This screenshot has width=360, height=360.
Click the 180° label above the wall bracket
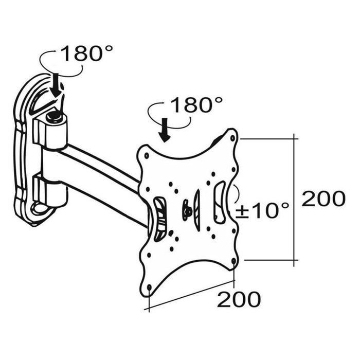tap(87, 53)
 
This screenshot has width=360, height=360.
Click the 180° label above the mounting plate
tap(197, 105)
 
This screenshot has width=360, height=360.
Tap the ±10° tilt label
tap(262, 210)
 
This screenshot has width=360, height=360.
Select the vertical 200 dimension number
tap(323, 199)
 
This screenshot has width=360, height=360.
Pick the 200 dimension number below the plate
tap(239, 299)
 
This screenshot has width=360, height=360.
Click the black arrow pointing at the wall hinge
tap(56, 86)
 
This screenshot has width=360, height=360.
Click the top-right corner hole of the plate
tap(232, 138)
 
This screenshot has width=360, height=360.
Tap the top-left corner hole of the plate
tap(147, 156)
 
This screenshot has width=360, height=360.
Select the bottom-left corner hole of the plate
tap(150, 287)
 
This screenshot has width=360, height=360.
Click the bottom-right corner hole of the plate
tap(233, 261)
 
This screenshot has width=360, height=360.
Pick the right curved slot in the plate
tap(219, 202)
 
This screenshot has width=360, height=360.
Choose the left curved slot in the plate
tap(160, 219)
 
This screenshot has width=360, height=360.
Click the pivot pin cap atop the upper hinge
tap(54, 118)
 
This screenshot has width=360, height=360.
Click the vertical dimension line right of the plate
tap(294, 200)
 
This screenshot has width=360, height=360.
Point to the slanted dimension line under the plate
tap(189, 295)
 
